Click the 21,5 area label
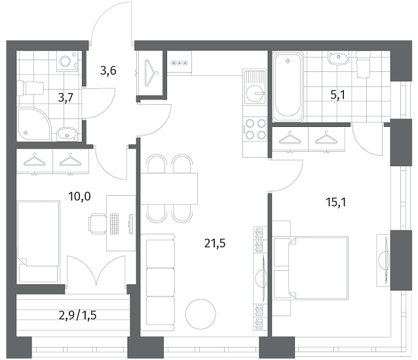(x=215, y=243)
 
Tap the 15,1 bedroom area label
(x=336, y=203)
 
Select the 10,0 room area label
(x=79, y=196)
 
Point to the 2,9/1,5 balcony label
(x=77, y=315)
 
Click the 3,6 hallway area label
(x=108, y=71)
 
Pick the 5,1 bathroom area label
(x=338, y=95)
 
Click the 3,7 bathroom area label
(x=66, y=98)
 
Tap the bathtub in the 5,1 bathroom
(x=288, y=86)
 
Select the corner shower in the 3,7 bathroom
(x=34, y=124)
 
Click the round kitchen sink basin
(x=256, y=94)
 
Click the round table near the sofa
(x=200, y=314)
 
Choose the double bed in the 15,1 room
(x=311, y=268)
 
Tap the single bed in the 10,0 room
(x=38, y=242)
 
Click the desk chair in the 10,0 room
(x=98, y=224)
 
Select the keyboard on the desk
(x=115, y=224)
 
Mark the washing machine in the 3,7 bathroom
(x=67, y=62)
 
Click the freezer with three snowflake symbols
(x=180, y=63)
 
